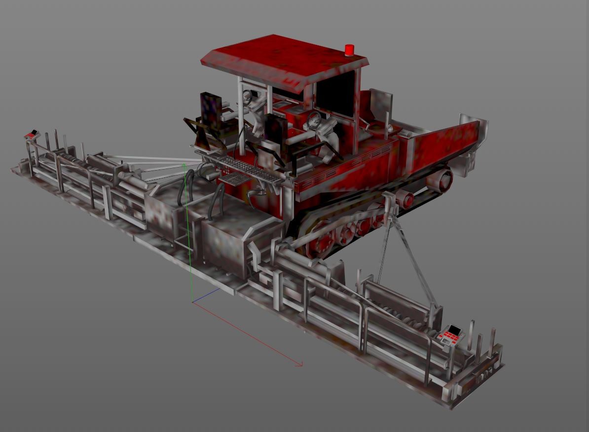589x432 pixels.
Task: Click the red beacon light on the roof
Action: pyautogui.click(x=349, y=49)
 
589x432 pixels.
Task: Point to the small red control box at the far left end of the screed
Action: pyautogui.click(x=33, y=133)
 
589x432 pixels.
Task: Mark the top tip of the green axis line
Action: pyautogui.click(x=184, y=164)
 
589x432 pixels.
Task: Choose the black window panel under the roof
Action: pyautogui.click(x=335, y=91)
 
